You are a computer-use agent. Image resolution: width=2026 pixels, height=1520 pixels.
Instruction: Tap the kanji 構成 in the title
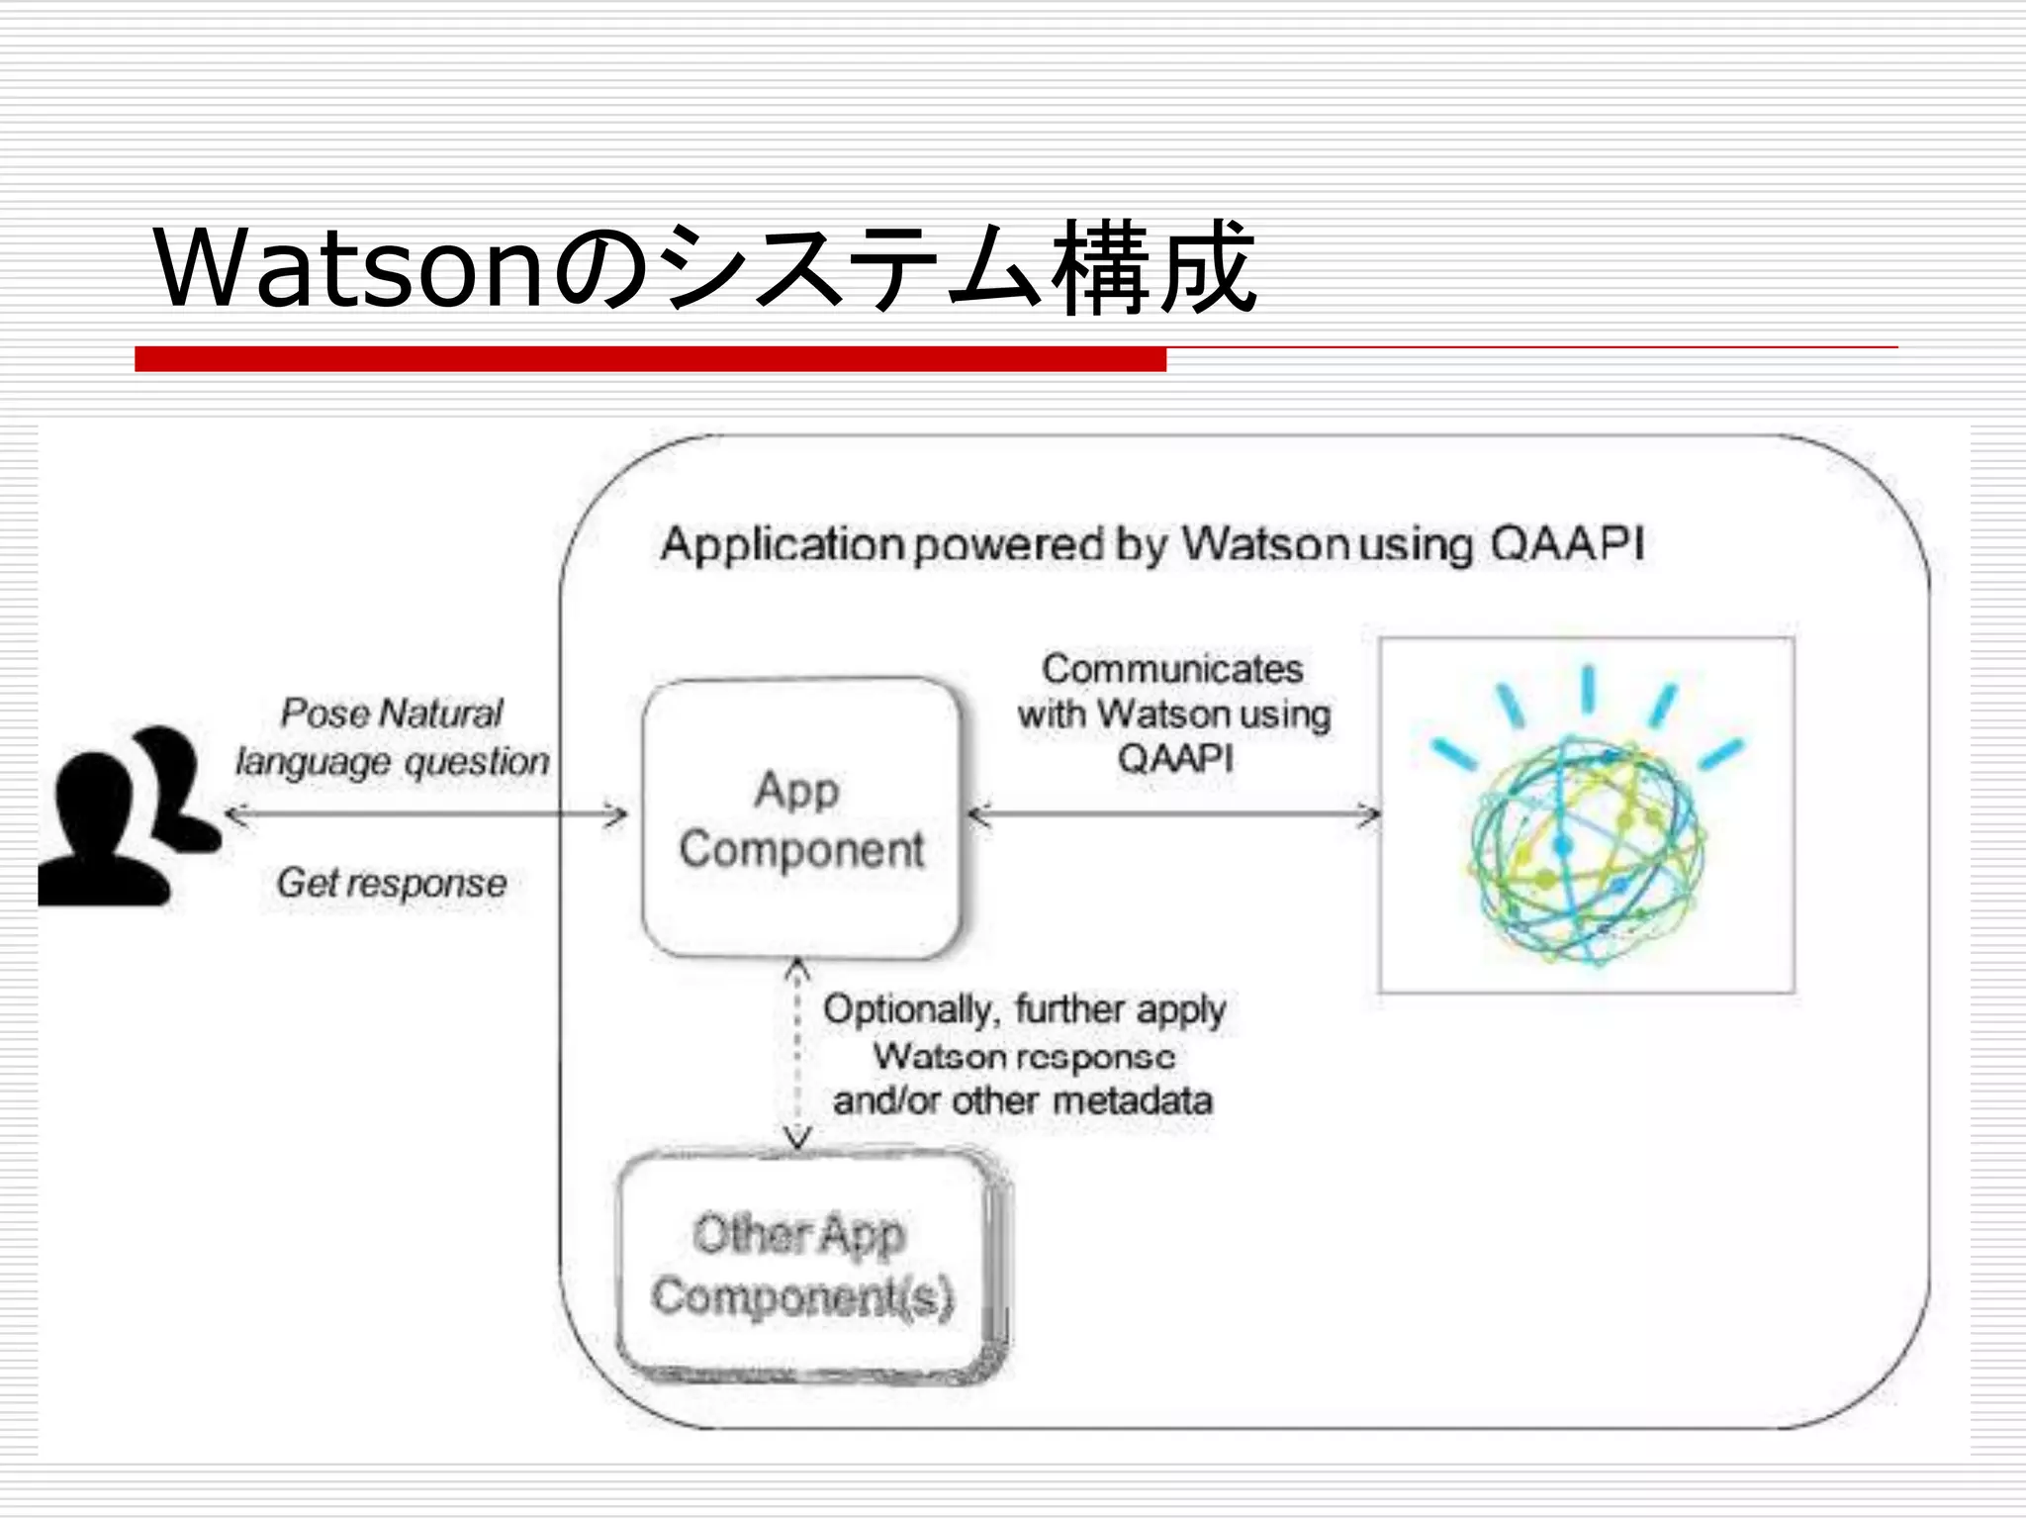pos(1152,267)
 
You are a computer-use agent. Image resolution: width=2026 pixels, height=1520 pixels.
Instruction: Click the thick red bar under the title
pos(650,359)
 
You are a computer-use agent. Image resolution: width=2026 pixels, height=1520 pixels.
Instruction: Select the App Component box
pos(801,818)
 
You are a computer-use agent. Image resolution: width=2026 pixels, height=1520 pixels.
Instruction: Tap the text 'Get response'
pos(392,883)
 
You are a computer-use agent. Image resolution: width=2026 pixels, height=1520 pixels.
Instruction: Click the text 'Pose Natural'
pos(392,713)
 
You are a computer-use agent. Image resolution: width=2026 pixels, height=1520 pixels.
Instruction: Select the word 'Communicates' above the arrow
pos(1172,670)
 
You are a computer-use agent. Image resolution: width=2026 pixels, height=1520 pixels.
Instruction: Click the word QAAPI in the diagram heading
pos(1566,544)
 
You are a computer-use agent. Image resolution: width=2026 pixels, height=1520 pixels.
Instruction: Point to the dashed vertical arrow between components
pos(797,1054)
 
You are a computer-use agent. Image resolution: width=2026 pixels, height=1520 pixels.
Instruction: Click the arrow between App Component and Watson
pos(1174,815)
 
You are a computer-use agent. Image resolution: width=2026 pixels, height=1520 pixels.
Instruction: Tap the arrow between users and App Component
pos(425,815)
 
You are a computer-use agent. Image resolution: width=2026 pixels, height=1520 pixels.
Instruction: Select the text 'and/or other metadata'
pos(1022,1101)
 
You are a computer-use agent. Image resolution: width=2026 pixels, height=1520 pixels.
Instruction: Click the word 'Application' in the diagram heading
pos(782,545)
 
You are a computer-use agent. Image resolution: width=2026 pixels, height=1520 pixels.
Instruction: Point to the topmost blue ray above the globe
pos(1588,689)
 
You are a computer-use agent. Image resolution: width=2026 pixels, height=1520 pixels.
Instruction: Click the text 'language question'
pos(392,762)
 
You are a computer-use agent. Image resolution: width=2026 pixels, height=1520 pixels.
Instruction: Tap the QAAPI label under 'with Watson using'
pos(1175,759)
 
